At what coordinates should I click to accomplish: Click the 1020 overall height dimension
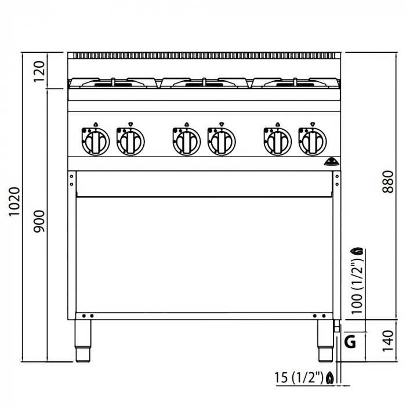point(14,201)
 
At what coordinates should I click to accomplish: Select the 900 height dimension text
point(39,221)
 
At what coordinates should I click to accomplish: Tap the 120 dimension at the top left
point(39,71)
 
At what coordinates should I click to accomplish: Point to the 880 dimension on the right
point(388,182)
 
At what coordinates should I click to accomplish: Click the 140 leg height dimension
point(388,341)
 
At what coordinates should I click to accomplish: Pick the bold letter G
point(350,342)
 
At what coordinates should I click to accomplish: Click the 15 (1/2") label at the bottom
point(299,377)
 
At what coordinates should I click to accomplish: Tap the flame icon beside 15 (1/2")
point(330,378)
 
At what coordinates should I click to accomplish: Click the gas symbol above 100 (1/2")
point(357,251)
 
